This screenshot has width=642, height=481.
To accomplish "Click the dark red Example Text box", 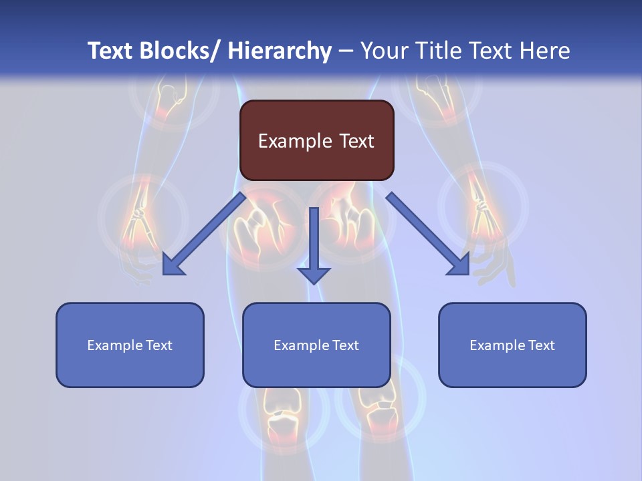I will click(316, 140).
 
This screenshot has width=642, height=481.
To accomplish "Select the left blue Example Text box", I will click(130, 345).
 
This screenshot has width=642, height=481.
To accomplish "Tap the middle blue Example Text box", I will click(316, 345).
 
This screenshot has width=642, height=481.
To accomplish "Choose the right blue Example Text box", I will click(512, 345).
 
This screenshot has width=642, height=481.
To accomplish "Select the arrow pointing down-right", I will click(428, 234).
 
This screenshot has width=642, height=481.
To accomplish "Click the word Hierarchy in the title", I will click(280, 51).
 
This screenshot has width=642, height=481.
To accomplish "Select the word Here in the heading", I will click(544, 51).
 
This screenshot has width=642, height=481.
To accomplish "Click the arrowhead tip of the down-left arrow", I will click(165, 274).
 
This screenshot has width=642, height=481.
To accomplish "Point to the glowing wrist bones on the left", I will click(138, 217).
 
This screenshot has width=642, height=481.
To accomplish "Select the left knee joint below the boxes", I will click(283, 411).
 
